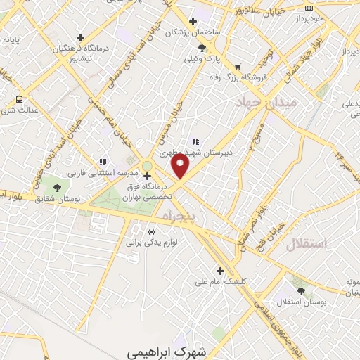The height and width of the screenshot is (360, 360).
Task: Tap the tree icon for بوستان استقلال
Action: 302,290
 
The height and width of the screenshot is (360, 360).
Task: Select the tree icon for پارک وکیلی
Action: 202,48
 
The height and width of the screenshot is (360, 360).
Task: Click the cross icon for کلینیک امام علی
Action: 220,270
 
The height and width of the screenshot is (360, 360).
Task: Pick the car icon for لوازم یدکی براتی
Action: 151,231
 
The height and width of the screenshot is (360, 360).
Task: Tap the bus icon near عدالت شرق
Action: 18,99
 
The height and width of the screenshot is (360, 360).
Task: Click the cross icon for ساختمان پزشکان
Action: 193,22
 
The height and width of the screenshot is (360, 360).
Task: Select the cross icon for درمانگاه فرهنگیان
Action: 81,37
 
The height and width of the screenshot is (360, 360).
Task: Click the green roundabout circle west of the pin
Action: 146,166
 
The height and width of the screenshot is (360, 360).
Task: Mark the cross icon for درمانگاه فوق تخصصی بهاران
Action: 146,176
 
